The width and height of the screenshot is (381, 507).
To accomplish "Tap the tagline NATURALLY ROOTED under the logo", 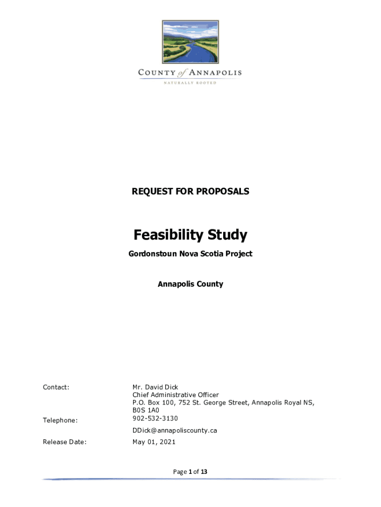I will (190, 83).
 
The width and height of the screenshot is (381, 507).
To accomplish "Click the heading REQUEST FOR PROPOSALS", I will (190, 191).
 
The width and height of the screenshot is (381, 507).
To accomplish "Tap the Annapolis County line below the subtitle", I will (190, 284).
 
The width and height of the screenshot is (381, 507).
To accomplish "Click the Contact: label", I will (56, 387).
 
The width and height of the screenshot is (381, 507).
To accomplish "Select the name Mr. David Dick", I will (155, 387).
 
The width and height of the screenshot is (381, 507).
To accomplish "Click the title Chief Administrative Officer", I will (176, 395).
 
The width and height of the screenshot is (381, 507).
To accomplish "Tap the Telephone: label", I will (60, 420).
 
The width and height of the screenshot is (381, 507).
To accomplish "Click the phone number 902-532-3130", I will (155, 418).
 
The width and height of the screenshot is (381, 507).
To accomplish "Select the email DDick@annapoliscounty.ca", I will (175, 430).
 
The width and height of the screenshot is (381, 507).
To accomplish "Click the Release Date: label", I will (65, 442).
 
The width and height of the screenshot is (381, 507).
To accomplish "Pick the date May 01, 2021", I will (154, 442).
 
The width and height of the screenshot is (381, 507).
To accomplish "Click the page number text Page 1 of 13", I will (190, 472).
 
